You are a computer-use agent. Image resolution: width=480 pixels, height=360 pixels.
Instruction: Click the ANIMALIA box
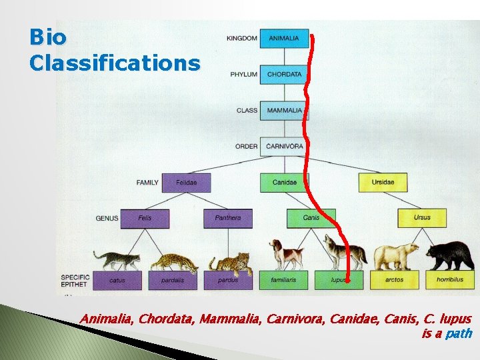[284, 39]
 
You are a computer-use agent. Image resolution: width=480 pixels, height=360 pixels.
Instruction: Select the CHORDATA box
[284, 75]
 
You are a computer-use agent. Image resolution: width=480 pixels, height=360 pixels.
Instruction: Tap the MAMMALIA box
[284, 111]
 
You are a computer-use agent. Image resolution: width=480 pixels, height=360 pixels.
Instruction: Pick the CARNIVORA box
[284, 147]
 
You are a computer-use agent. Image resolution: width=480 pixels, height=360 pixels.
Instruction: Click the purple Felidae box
[185, 183]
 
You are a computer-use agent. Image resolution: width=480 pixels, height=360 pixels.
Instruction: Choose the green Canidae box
[285, 183]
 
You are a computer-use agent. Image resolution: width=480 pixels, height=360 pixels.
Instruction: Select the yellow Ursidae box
[383, 183]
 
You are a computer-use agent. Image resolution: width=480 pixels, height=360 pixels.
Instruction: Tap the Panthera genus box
[228, 218]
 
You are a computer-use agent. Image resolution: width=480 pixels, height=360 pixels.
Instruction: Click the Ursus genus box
[422, 218]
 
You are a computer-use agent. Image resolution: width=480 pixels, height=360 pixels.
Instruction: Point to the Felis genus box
[145, 218]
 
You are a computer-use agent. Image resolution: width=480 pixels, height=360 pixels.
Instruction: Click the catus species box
[117, 280]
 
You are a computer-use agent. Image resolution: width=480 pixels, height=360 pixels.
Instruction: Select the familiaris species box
[284, 280]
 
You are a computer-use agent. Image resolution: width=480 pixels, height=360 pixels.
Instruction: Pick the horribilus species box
[450, 280]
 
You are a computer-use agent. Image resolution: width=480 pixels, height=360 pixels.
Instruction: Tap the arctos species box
[394, 280]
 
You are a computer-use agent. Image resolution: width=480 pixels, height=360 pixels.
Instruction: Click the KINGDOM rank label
[241, 39]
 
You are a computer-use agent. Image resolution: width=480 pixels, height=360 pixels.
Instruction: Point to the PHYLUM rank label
[243, 75]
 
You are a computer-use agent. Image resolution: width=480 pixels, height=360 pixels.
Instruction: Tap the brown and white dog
[286, 253]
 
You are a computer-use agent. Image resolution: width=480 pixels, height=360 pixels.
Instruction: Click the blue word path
[459, 333]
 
